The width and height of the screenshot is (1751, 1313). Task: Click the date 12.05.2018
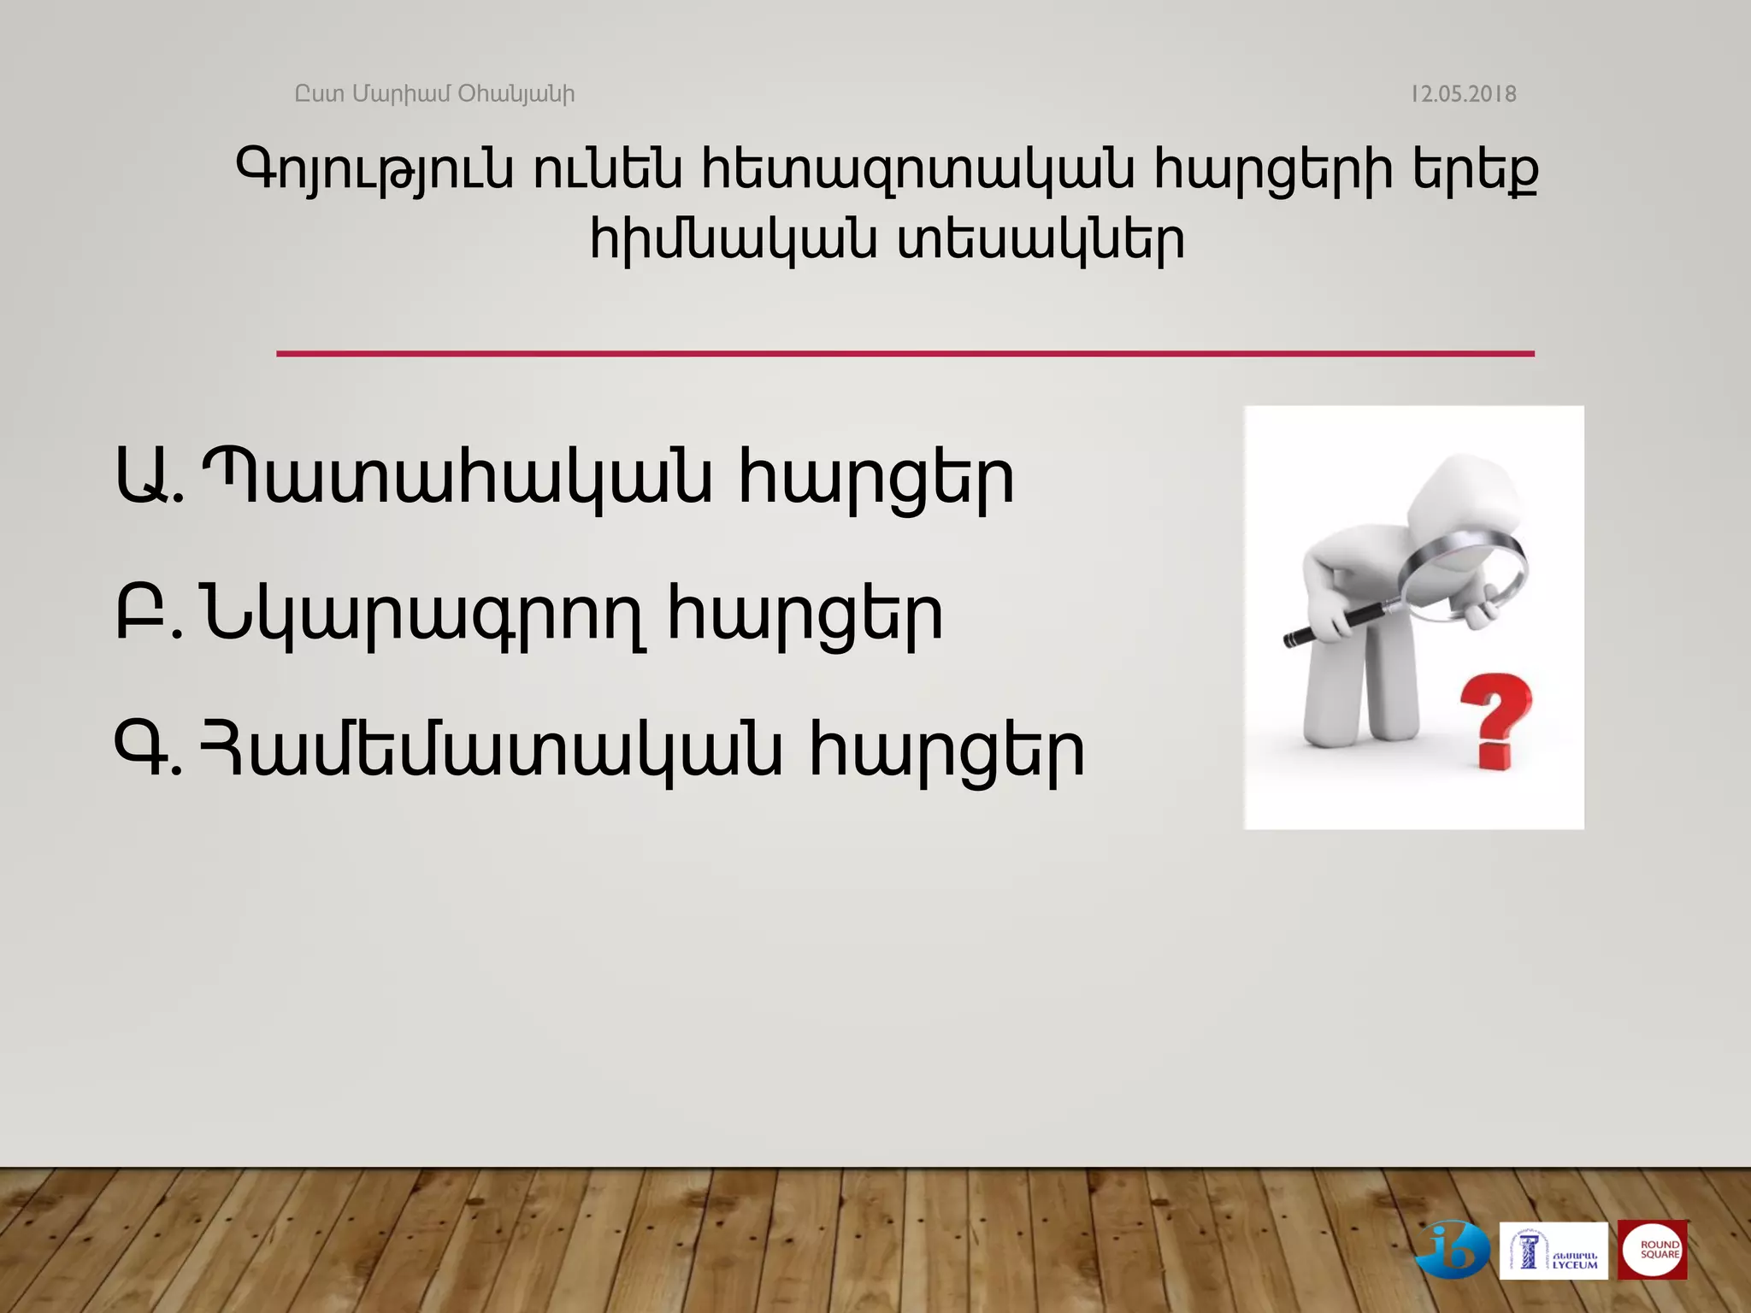click(1463, 94)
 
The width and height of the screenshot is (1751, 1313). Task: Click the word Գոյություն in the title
click(374, 170)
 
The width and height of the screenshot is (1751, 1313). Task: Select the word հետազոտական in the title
click(918, 170)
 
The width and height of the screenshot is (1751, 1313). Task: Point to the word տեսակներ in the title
click(1041, 240)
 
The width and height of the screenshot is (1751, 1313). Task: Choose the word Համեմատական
click(491, 751)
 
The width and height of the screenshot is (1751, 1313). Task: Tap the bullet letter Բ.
click(139, 613)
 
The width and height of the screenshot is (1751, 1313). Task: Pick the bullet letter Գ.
click(139, 750)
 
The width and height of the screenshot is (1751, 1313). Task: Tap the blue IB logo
click(1453, 1251)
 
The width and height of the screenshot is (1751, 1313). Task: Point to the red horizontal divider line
click(905, 353)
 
